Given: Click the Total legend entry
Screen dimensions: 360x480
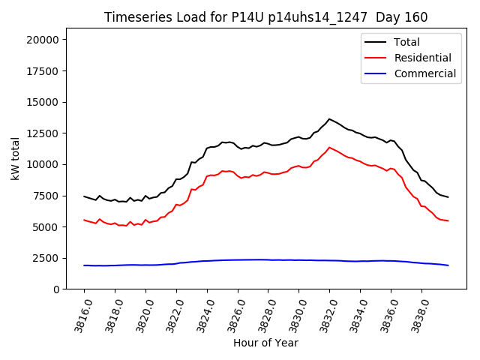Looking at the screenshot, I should (x=406, y=42).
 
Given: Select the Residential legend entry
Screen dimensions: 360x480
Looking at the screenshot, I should (x=422, y=58).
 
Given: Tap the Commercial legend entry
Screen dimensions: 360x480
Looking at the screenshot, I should (x=424, y=73).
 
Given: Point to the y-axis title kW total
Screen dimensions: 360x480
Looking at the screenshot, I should (x=16, y=158).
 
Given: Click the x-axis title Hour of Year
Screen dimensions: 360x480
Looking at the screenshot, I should (x=265, y=343).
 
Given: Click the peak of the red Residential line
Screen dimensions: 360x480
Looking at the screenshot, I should (x=329, y=147).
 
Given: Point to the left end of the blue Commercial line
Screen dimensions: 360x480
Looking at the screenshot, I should (x=84, y=265).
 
